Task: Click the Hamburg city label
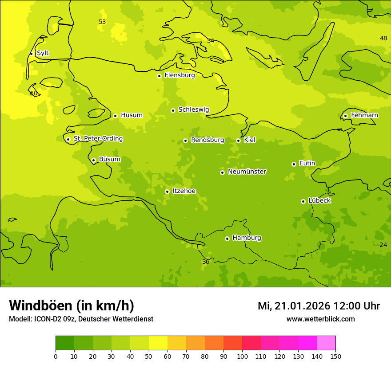click(247, 238)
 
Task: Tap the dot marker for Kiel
click(238, 141)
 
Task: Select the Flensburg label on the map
click(180, 75)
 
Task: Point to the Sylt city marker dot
click(31, 54)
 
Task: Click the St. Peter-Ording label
click(98, 139)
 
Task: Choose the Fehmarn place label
click(364, 115)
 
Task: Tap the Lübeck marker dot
click(303, 201)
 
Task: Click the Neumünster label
click(247, 172)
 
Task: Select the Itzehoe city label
click(184, 191)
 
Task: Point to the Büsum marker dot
click(93, 160)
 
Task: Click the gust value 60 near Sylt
click(34, 93)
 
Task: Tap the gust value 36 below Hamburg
click(206, 262)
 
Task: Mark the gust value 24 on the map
click(383, 245)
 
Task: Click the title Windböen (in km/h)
click(72, 305)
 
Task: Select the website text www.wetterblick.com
click(320, 319)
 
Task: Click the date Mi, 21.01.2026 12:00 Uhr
click(319, 306)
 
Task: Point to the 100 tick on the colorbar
click(242, 356)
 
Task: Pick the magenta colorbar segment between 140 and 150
click(326, 343)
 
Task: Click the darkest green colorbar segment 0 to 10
click(65, 343)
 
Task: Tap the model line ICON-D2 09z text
click(81, 319)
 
